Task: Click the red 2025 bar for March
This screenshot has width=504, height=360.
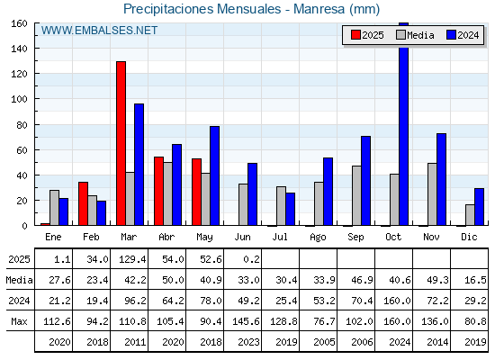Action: (x=121, y=143)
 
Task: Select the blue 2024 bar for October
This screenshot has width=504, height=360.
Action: (x=404, y=124)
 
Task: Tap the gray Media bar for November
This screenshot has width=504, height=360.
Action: (x=432, y=194)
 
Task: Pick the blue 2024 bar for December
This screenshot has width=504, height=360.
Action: (x=479, y=207)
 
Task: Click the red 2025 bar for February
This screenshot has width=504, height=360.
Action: (x=83, y=203)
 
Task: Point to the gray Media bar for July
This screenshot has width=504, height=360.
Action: (x=281, y=206)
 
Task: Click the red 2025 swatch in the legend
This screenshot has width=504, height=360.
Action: (x=355, y=35)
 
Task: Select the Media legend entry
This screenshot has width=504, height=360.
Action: (x=415, y=35)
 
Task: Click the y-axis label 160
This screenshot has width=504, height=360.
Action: (x=19, y=23)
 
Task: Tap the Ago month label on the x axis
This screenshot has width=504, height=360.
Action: (x=319, y=238)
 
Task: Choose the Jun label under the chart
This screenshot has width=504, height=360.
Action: (x=243, y=238)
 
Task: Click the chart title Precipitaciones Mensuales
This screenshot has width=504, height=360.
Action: (x=202, y=9)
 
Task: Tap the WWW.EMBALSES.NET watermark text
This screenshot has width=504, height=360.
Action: (x=99, y=31)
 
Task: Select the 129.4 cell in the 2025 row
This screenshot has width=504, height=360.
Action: (x=132, y=259)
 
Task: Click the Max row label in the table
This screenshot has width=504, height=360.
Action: (x=19, y=321)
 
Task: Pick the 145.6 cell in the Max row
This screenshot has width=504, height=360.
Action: (x=246, y=321)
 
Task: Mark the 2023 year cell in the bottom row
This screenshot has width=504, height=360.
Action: (x=248, y=342)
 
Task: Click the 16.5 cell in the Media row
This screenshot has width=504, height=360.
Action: (x=475, y=280)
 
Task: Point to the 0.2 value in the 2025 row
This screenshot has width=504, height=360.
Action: (x=251, y=259)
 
